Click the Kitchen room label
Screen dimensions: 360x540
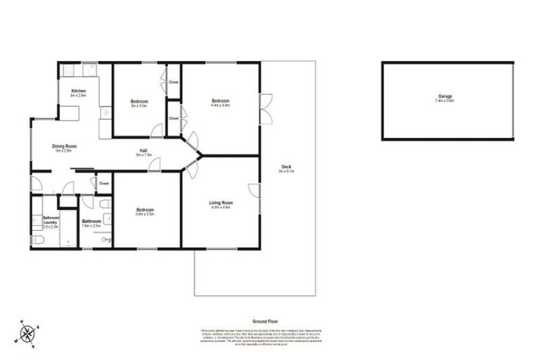tap(78, 93)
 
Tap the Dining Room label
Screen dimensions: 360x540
tap(64, 148)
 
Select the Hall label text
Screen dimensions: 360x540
tap(143, 153)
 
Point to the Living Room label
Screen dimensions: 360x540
tap(221, 205)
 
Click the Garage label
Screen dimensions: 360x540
tap(444, 98)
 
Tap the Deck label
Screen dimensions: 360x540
tap(286, 168)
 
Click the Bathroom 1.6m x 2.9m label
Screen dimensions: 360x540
tap(92, 224)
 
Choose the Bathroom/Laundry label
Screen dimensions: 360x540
tap(50, 222)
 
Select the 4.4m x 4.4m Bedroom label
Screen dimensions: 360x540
tap(221, 103)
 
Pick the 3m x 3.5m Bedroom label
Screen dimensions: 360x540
tap(139, 103)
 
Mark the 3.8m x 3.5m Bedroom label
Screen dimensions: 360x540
tap(146, 212)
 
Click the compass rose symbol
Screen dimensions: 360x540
tap(27, 333)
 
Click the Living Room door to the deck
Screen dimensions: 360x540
tap(255, 191)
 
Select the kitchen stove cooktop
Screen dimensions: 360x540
tap(68, 70)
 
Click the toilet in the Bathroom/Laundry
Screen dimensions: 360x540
tap(39, 240)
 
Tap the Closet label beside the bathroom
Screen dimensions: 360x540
tap(103, 184)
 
